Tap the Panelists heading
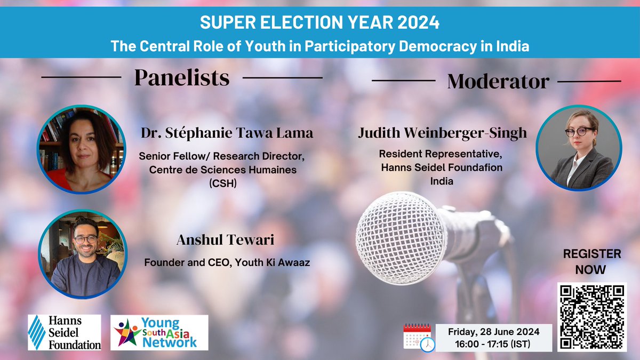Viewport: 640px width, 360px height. click(x=182, y=78)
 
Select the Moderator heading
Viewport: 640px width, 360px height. click(x=498, y=82)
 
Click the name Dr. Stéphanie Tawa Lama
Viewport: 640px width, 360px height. click(x=226, y=133)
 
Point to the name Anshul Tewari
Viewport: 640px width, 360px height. click(x=225, y=241)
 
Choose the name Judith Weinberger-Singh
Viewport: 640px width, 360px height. click(x=442, y=133)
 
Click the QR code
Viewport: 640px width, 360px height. click(x=592, y=316)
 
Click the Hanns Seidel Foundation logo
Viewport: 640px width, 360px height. click(x=65, y=332)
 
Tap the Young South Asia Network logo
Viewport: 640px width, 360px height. click(x=159, y=332)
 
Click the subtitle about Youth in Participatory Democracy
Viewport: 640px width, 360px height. click(x=319, y=46)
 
